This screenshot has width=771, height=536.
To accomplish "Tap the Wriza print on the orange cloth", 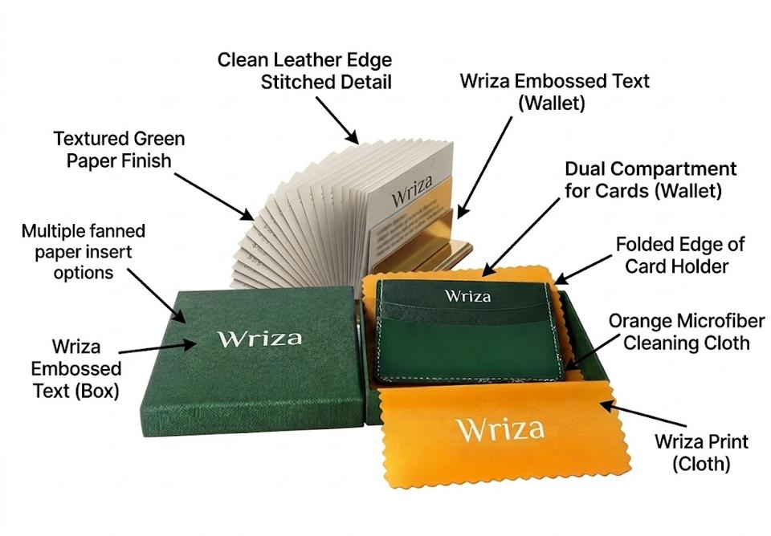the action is click(500, 428).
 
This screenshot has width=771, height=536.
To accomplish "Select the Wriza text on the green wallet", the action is click(467, 296).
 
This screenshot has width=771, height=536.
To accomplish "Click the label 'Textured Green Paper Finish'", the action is click(112, 149).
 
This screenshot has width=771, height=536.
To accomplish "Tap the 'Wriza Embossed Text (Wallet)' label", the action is click(554, 91).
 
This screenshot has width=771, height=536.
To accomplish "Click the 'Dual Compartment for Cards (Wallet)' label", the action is click(651, 181).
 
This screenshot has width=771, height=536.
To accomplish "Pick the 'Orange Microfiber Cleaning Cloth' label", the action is click(679, 332).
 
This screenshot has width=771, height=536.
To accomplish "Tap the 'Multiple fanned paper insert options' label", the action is click(84, 252).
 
